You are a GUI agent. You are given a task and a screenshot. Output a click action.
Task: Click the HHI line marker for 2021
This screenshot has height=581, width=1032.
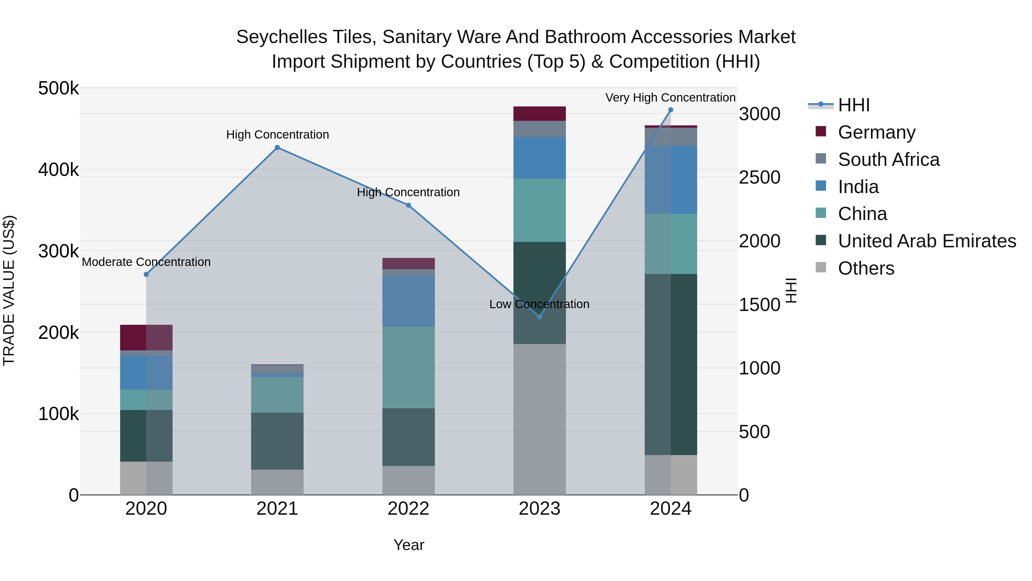(x=277, y=147)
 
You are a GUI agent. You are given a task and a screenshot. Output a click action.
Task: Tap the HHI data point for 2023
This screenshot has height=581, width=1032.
(x=539, y=317)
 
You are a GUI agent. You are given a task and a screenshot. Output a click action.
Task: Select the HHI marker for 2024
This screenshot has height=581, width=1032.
(x=671, y=110)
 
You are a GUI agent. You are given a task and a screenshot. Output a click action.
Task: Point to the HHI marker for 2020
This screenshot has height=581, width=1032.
(x=146, y=274)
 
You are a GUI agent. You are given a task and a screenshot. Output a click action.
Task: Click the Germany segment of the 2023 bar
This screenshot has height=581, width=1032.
(x=539, y=113)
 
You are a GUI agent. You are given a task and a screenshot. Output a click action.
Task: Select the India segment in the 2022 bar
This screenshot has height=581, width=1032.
(x=408, y=301)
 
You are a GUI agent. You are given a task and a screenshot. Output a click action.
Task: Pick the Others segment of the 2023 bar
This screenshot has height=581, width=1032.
(x=539, y=419)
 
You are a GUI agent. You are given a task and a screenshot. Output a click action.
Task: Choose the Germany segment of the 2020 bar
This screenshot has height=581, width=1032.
(x=146, y=337)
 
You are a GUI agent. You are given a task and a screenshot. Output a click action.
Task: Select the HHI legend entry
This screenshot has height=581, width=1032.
(x=853, y=105)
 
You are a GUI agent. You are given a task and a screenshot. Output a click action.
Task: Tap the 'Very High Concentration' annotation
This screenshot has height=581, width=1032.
(x=670, y=98)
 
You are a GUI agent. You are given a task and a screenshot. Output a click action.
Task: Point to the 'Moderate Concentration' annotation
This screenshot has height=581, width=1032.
(x=146, y=262)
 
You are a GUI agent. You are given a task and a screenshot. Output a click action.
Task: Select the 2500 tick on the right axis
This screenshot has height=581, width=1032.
(x=759, y=177)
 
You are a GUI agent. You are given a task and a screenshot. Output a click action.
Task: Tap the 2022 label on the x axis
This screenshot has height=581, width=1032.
(x=408, y=508)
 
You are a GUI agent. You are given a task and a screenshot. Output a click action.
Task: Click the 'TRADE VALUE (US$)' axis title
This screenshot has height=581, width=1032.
(x=9, y=290)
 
